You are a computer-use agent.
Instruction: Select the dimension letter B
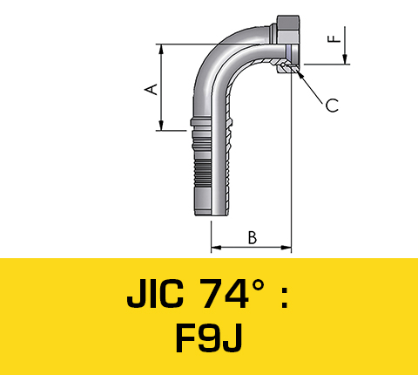click(252, 237)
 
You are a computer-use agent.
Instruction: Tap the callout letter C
click(332, 106)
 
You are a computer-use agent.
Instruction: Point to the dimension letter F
click(332, 38)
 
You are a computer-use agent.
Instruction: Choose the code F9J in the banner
click(208, 340)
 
